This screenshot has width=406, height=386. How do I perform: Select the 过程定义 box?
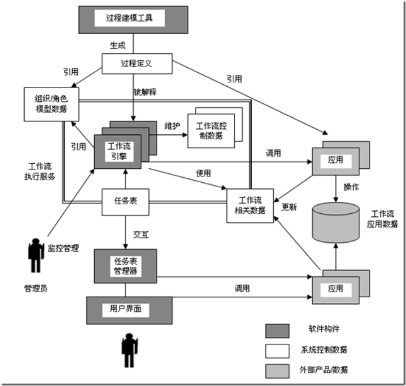(136, 63)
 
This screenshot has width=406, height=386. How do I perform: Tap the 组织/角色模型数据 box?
(51, 103)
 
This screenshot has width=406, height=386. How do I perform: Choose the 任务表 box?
(125, 201)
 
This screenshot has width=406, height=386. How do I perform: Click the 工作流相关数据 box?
(251, 205)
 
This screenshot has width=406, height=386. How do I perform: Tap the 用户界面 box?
(121, 309)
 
